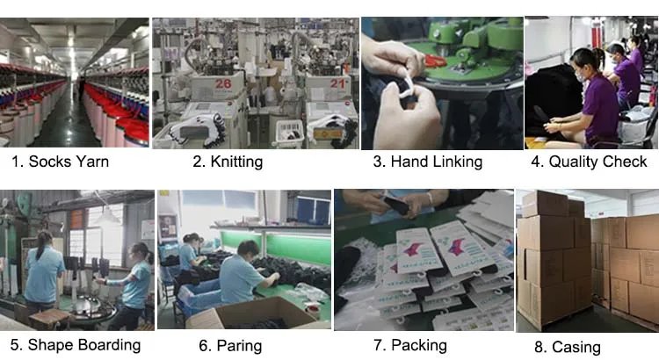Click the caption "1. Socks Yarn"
tap(60, 162)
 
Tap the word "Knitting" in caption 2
tap(236, 162)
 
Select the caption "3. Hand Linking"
tap(428, 162)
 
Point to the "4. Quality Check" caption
tap(589, 162)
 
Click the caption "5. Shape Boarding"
tap(76, 345)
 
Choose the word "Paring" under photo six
tap(239, 346)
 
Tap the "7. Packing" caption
tap(410, 345)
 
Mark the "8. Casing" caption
tap(568, 347)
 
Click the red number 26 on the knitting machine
tap(223, 84)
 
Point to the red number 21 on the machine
tap(337, 83)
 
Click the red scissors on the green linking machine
tap(436, 61)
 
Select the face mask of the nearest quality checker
tap(581, 76)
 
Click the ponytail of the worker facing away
tap(41, 245)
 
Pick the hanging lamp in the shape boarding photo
tap(107, 216)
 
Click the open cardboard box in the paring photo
tap(253, 313)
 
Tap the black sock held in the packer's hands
tap(396, 205)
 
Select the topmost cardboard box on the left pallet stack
tap(546, 204)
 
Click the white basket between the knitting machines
tap(289, 134)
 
